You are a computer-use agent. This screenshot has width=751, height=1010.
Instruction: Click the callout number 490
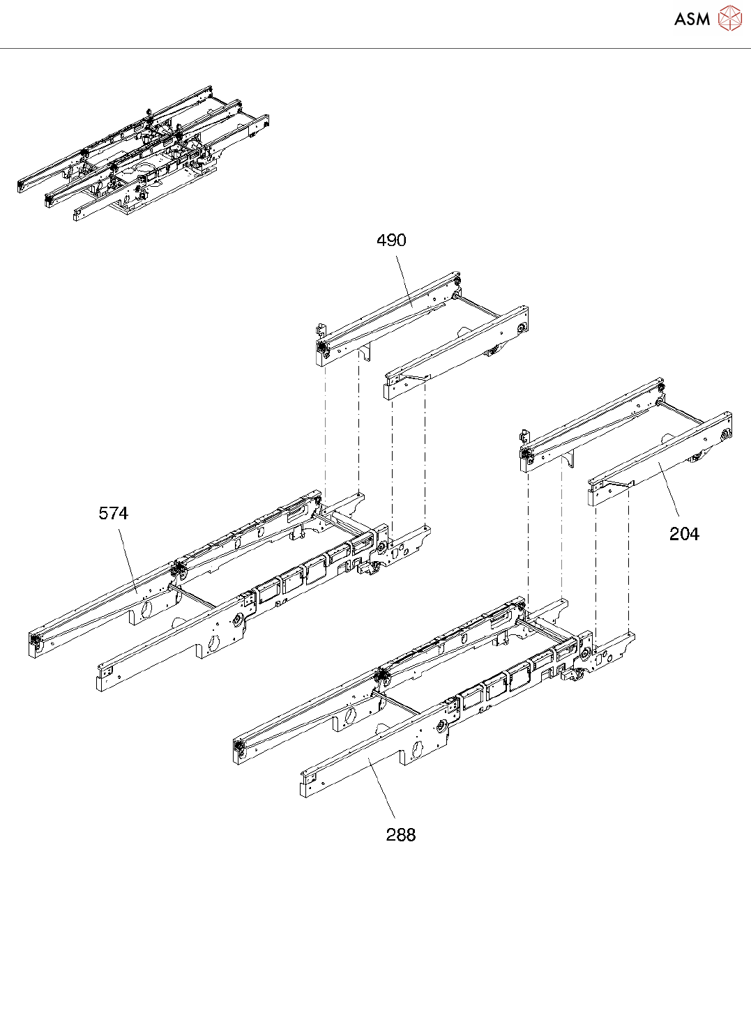coord(391,240)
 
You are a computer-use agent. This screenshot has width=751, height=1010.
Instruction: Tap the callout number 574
coord(113,514)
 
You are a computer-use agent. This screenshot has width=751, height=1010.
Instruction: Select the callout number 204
coord(684,534)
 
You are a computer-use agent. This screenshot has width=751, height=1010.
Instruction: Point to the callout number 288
coord(401,835)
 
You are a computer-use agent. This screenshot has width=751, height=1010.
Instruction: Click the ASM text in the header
coord(692,20)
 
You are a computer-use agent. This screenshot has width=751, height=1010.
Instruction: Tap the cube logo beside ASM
coord(729,18)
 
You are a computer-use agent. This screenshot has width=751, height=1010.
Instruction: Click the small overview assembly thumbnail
coord(143,153)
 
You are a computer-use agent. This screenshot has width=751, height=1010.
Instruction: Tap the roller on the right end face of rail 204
coord(726,436)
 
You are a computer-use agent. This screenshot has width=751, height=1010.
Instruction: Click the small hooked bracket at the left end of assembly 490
coord(319,329)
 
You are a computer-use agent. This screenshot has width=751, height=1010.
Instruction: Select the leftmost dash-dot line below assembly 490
coord(325,425)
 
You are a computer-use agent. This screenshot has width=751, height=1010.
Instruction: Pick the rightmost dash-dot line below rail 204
coord(629,558)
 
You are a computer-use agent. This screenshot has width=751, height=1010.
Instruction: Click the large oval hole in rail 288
coord(418,749)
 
